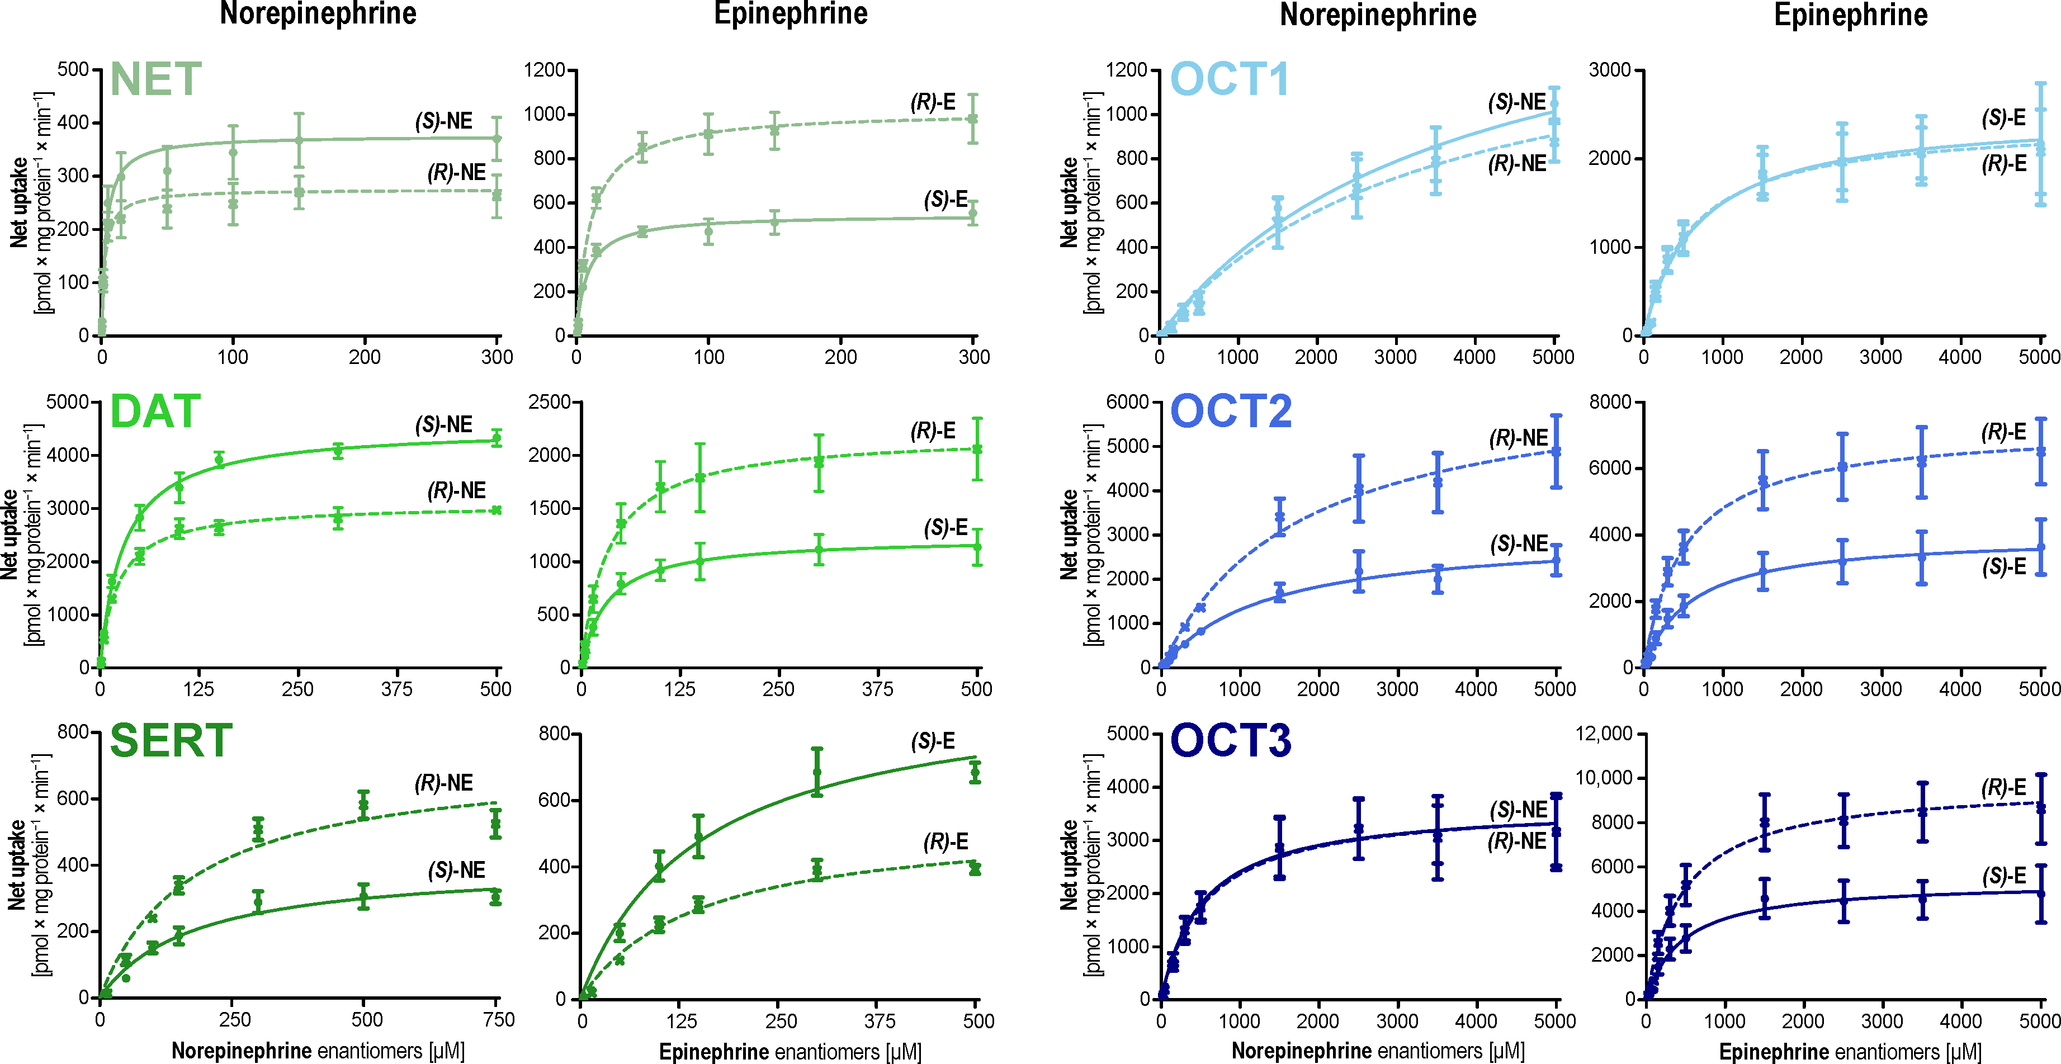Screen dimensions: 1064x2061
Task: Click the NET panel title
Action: click(155, 79)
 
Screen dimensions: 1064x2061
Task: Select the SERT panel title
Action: click(171, 741)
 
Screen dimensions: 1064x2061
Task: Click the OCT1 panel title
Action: click(1230, 79)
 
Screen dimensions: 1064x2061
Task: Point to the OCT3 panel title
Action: click(1231, 741)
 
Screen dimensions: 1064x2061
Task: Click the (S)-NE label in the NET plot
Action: click(443, 121)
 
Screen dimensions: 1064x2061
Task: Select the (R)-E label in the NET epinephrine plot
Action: click(933, 102)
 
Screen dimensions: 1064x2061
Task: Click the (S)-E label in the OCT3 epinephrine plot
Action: click(2004, 876)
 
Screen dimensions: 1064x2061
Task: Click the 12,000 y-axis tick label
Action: click(1604, 733)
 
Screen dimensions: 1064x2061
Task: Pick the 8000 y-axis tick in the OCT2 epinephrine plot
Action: click(1610, 401)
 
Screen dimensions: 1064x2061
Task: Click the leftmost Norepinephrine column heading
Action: click(318, 15)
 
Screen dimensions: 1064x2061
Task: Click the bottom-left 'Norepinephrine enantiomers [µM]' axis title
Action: click(318, 1051)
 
